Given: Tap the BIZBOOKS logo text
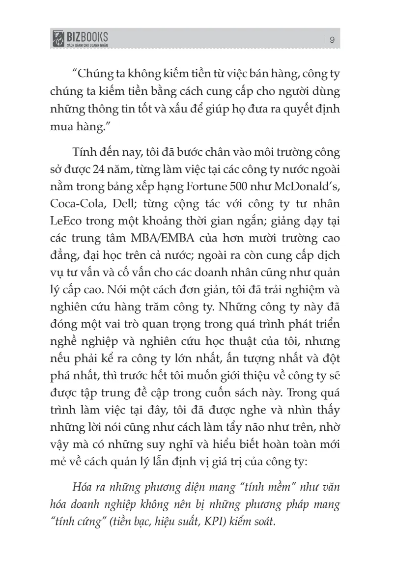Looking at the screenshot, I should click(x=88, y=36).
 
